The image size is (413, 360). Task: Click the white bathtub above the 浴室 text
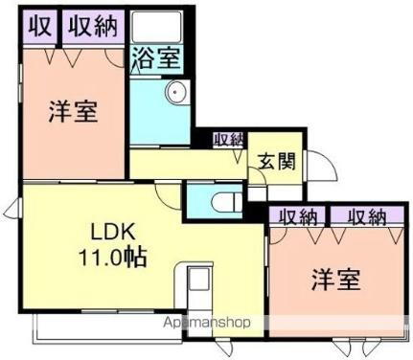click(154, 26)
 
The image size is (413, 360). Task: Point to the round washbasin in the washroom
click(174, 94)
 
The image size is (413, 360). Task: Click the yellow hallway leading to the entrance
click(182, 163)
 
